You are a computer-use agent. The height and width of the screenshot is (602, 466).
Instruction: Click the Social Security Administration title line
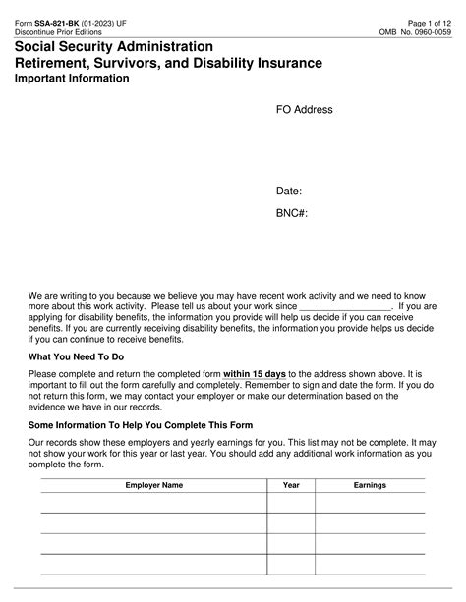pos(121,46)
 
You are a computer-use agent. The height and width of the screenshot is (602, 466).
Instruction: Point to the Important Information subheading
pos(72,79)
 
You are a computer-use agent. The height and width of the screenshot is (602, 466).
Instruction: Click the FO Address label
pos(304,110)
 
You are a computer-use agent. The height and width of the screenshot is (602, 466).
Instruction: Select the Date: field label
pos(288,192)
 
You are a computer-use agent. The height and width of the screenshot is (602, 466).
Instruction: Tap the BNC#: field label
pos(292,212)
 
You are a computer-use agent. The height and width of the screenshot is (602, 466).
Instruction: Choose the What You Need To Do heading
pos(76,357)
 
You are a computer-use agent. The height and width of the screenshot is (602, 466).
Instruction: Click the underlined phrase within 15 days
pos(255,374)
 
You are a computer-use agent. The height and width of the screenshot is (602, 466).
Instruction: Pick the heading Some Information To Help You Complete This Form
pos(141,425)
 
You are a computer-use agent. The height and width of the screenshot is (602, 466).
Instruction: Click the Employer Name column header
pos(153,485)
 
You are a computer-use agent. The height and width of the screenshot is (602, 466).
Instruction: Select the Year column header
pos(291,485)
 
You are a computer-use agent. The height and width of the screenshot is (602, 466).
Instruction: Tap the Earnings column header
pos(370,485)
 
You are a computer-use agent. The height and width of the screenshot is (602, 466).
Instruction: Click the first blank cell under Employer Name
pos(153,503)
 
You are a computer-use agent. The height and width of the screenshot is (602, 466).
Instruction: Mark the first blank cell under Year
pos(291,503)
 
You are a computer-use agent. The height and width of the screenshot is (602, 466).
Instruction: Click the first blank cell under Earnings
pos(370,503)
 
